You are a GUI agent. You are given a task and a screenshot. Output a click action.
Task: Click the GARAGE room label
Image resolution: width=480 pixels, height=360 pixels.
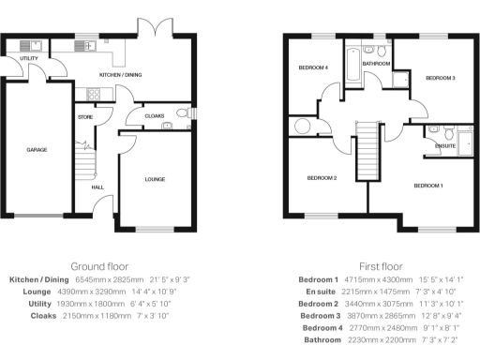point(37,150)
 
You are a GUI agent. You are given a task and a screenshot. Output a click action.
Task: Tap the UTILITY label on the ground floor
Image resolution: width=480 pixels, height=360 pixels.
point(29,58)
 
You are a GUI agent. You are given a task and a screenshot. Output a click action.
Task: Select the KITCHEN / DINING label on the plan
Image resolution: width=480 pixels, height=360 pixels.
point(120,74)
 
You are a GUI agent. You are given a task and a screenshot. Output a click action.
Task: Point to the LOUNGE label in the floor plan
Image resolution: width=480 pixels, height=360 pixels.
point(156,178)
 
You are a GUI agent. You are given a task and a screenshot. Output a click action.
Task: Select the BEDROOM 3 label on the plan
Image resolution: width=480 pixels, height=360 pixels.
point(440,78)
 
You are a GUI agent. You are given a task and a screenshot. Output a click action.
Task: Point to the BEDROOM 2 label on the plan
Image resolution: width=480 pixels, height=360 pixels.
point(321,177)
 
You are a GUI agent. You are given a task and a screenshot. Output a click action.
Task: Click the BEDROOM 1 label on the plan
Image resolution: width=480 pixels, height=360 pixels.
point(428,186)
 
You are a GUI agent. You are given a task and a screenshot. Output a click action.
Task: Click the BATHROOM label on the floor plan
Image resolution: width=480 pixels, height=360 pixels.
point(376,64)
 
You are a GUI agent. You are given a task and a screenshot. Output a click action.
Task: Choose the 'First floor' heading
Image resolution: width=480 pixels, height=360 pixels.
point(381,266)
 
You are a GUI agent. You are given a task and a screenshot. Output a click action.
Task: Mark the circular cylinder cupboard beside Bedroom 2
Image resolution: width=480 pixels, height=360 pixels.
point(303,127)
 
